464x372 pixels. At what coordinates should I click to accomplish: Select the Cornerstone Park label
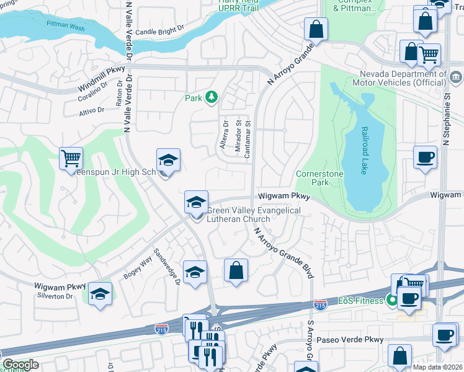(x=319, y=179)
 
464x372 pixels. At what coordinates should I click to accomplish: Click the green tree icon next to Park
(x=212, y=97)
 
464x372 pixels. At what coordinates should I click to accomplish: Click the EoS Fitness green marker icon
(x=391, y=301)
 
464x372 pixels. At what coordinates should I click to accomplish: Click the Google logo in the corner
(x=20, y=365)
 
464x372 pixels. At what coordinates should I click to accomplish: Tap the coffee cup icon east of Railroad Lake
(x=426, y=157)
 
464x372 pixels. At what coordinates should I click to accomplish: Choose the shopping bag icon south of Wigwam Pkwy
(x=236, y=270)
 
